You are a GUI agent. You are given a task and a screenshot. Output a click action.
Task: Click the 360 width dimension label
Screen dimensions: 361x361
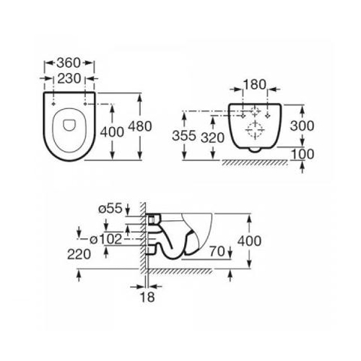tap(69, 63)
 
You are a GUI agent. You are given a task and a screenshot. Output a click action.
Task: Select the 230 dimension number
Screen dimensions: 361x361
tap(69, 79)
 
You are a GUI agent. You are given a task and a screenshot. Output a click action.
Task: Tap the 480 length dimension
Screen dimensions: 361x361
tap(140, 126)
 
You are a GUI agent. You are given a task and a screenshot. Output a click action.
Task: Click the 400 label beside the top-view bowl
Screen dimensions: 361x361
tap(112, 132)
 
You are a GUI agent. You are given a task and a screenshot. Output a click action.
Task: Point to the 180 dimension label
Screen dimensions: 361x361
tap(255, 84)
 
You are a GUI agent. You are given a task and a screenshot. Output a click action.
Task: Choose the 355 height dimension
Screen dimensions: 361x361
tap(184, 136)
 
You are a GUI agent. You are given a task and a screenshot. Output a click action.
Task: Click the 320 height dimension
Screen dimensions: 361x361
tap(212, 138)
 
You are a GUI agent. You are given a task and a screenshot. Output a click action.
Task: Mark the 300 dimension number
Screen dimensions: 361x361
tap(302, 126)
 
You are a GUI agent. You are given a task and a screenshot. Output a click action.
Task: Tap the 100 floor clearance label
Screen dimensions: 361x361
tap(303, 154)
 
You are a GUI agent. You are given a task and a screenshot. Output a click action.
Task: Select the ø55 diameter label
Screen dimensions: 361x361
tap(110, 208)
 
